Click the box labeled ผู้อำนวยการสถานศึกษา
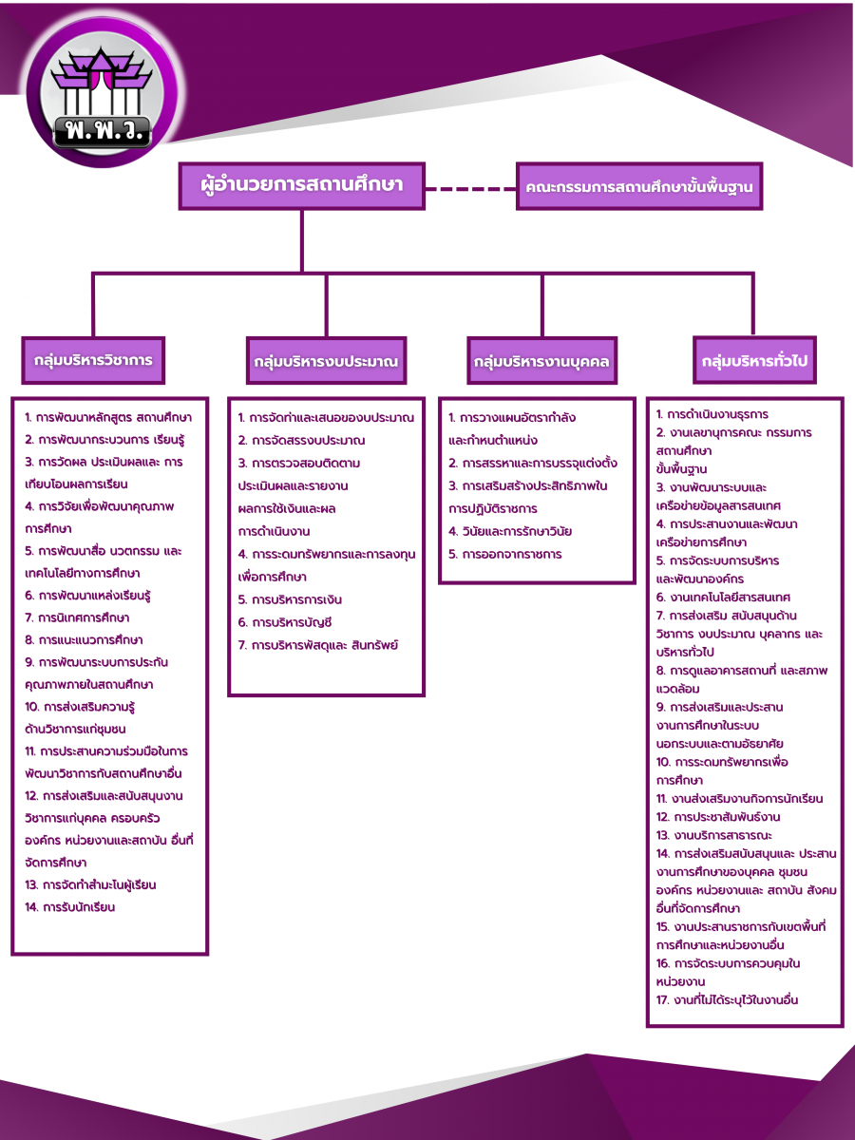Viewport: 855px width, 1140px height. (x=301, y=186)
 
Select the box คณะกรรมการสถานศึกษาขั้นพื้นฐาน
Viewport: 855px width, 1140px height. (x=639, y=187)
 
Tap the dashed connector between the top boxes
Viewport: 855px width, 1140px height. (x=470, y=188)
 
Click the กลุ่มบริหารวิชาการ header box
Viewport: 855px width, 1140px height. (x=93, y=361)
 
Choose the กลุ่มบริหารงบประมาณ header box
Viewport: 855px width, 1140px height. (x=325, y=362)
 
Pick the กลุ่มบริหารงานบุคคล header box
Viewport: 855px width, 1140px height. (x=542, y=362)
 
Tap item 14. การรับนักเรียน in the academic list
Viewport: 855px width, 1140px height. (x=70, y=907)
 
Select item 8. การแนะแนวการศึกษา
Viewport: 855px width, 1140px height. (x=85, y=640)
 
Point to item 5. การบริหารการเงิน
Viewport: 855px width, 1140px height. (x=290, y=599)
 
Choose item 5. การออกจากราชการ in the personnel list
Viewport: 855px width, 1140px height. (x=504, y=554)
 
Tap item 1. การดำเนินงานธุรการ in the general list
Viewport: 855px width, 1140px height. (x=712, y=414)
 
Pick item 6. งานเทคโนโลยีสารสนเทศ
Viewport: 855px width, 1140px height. (x=723, y=598)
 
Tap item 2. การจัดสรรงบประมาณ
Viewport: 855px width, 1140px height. (x=301, y=441)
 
